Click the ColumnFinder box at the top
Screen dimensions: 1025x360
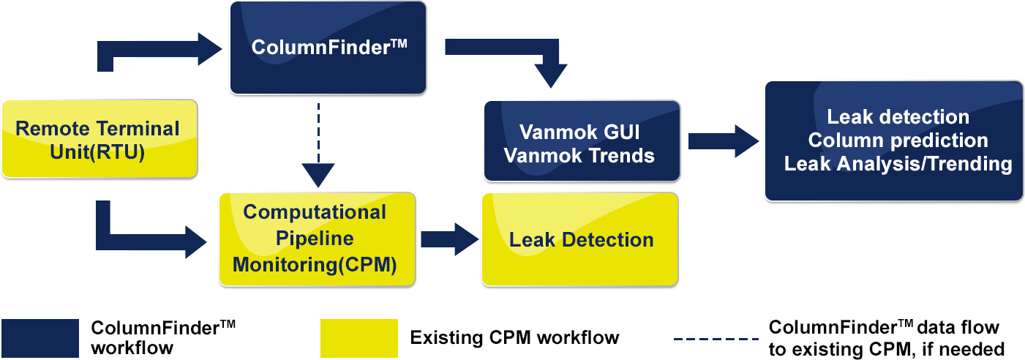click(328, 48)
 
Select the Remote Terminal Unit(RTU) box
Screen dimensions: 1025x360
click(100, 138)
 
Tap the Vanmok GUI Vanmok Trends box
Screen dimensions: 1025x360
click(582, 141)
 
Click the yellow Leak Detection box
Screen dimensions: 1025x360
click(579, 239)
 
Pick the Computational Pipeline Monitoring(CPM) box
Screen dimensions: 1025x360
click(317, 239)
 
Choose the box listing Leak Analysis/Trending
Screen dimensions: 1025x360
click(893, 141)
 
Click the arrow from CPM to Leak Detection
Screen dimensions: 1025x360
click(450, 239)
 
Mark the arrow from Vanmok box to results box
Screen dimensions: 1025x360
click(724, 141)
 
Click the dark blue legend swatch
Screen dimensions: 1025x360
click(40, 338)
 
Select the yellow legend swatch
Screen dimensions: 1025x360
click(359, 338)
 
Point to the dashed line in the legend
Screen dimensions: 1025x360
click(716, 339)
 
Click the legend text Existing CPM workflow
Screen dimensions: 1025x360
click(514, 337)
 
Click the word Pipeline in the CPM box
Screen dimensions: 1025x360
click(315, 239)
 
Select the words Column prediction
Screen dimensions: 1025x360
click(898, 140)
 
